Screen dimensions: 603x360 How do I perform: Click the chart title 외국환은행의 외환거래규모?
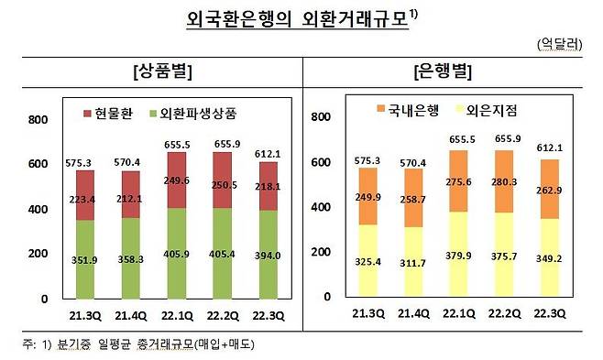(x=297, y=19)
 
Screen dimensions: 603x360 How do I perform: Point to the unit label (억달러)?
(x=560, y=44)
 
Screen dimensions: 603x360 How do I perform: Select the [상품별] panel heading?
(x=162, y=71)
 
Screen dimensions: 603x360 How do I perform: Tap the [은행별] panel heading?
(x=443, y=71)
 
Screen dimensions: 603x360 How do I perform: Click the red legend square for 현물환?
(x=87, y=114)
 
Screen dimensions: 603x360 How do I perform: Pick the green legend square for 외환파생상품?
(x=153, y=114)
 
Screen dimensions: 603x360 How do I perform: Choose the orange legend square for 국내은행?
(x=380, y=109)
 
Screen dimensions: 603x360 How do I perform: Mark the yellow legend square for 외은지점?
(x=459, y=110)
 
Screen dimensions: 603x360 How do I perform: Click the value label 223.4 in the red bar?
(x=82, y=200)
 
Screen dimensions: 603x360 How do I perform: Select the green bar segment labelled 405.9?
(x=177, y=254)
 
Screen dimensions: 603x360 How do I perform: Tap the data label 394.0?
(x=268, y=256)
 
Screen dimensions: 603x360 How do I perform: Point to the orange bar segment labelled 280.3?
(x=504, y=181)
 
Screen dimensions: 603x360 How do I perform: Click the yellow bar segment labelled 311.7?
(x=413, y=262)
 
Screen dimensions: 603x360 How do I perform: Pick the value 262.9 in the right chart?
(x=549, y=191)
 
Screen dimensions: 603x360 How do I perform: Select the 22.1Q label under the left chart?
(x=177, y=316)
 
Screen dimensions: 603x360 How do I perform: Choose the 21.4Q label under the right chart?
(x=413, y=314)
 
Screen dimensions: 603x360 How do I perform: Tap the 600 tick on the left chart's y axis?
(x=38, y=164)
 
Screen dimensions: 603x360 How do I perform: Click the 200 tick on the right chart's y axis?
(x=321, y=252)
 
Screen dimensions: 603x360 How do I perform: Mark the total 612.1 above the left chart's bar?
(x=268, y=154)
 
